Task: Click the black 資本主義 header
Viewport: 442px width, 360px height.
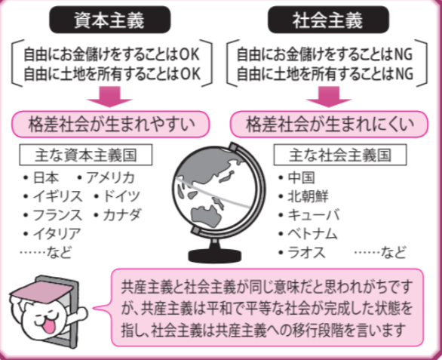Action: click(x=110, y=20)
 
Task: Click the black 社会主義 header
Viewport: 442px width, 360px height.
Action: click(x=328, y=20)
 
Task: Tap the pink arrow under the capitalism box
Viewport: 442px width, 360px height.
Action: click(x=110, y=97)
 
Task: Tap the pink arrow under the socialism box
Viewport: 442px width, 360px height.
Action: click(x=329, y=97)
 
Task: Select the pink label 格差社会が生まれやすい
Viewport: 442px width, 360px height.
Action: click(x=110, y=124)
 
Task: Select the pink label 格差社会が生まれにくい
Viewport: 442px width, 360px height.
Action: click(x=330, y=124)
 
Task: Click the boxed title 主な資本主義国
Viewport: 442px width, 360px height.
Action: click(x=86, y=155)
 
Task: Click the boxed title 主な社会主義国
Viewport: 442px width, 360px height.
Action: click(x=340, y=155)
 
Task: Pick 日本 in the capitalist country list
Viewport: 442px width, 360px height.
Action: click(x=46, y=178)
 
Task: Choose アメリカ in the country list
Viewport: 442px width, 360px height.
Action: click(x=110, y=178)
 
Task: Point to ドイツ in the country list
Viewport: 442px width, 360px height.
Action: click(x=121, y=196)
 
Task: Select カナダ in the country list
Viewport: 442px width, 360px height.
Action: click(x=121, y=215)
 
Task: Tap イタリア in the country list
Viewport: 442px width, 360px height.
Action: click(x=57, y=234)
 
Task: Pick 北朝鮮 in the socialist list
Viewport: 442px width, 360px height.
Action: click(x=308, y=196)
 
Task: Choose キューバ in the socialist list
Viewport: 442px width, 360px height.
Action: click(x=314, y=215)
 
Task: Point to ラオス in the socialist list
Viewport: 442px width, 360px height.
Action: click(x=306, y=252)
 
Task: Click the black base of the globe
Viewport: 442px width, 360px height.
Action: click(x=214, y=256)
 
